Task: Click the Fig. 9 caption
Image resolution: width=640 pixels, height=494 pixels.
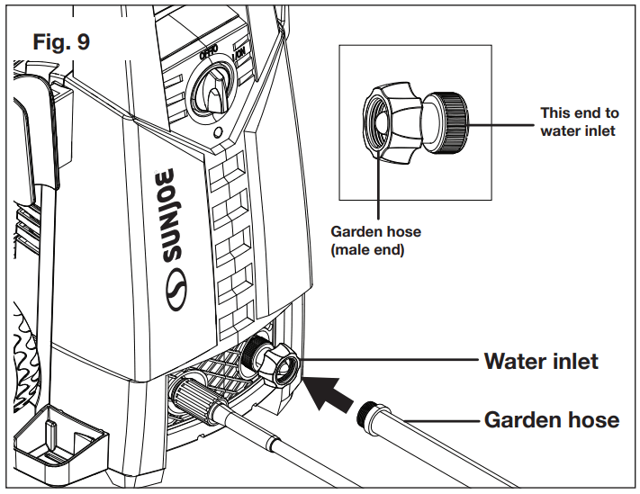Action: pyautogui.click(x=60, y=42)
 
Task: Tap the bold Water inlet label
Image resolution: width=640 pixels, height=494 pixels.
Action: pyautogui.click(x=541, y=362)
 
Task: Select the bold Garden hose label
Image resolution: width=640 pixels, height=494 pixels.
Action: pyautogui.click(x=551, y=419)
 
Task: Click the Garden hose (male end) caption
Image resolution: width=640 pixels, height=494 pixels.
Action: pyautogui.click(x=375, y=240)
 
